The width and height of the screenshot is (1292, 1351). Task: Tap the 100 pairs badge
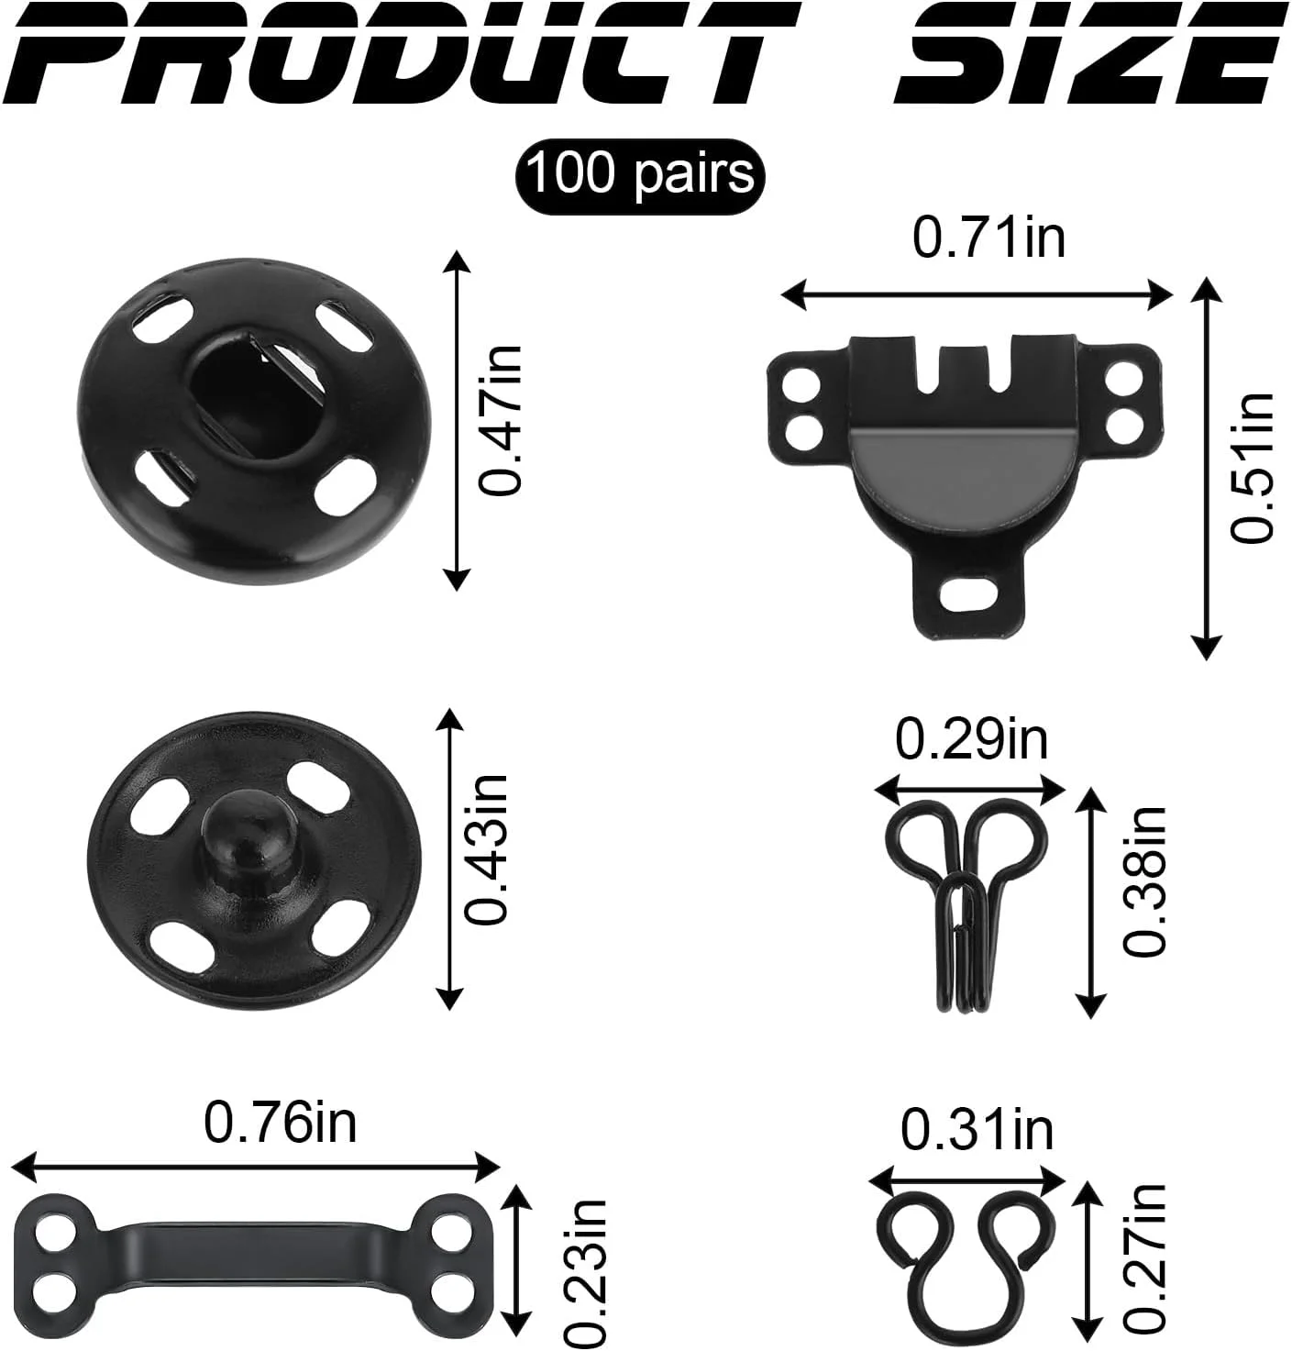click(x=639, y=176)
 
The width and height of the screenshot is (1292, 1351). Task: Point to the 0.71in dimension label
click(x=988, y=238)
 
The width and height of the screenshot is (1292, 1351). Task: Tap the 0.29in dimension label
click(x=971, y=740)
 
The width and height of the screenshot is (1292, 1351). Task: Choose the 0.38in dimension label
click(x=1144, y=881)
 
